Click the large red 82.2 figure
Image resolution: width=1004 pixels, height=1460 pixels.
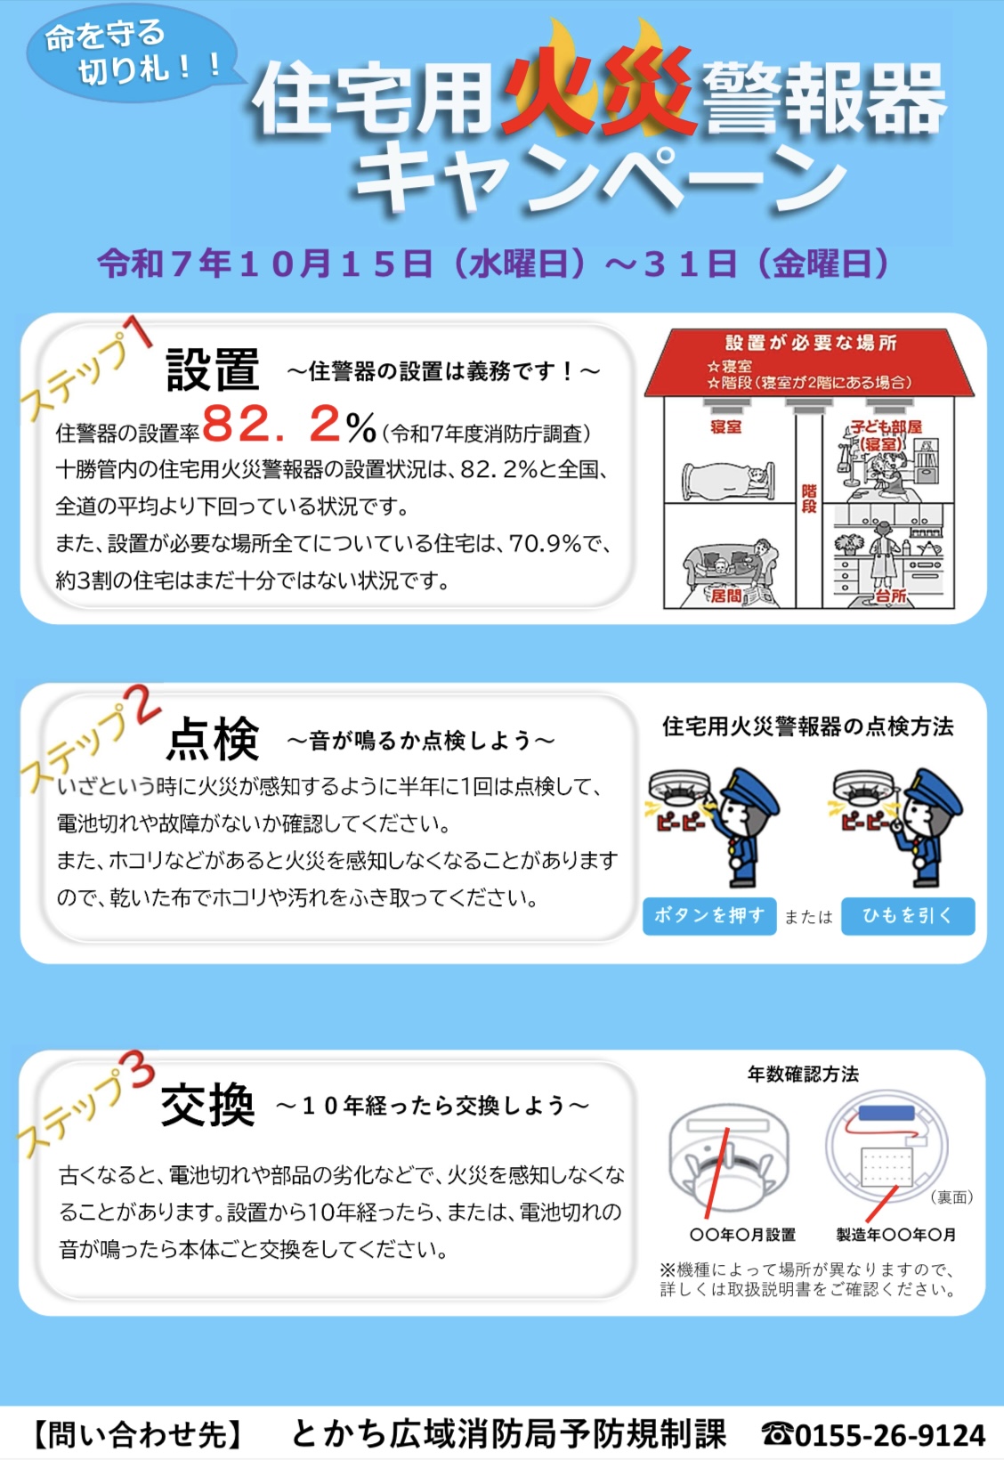pos(271,424)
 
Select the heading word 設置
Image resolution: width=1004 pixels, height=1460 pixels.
pos(213,369)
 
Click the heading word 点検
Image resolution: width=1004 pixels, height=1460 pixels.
pos(213,739)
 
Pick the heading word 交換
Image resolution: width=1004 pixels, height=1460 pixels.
pos(208,1105)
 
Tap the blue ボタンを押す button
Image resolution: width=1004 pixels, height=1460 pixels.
pos(709,916)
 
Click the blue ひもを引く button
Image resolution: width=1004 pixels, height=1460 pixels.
pos(908,916)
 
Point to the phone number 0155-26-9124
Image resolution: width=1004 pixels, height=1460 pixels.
pos(889,1434)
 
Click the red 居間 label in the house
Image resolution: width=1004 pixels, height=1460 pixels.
pos(725,595)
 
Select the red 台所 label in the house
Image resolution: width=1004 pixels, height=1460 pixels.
pos(891,595)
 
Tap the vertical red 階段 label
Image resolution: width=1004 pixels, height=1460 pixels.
pos(808,498)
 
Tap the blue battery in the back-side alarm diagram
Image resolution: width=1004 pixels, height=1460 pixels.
pos(887,1113)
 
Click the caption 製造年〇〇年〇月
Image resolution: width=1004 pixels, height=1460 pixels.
pos(895,1235)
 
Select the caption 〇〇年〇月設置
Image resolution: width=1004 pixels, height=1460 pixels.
pos(742,1235)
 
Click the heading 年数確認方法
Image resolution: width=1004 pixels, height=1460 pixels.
pos(803,1074)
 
